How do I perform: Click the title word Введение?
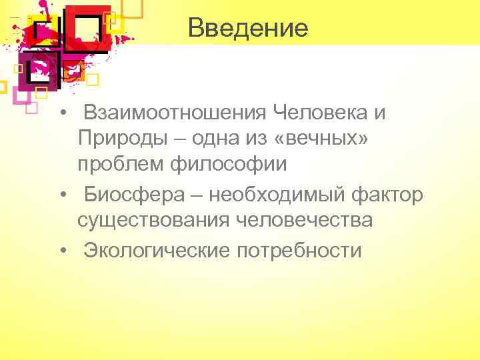[x=248, y=28]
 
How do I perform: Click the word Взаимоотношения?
[x=175, y=113]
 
